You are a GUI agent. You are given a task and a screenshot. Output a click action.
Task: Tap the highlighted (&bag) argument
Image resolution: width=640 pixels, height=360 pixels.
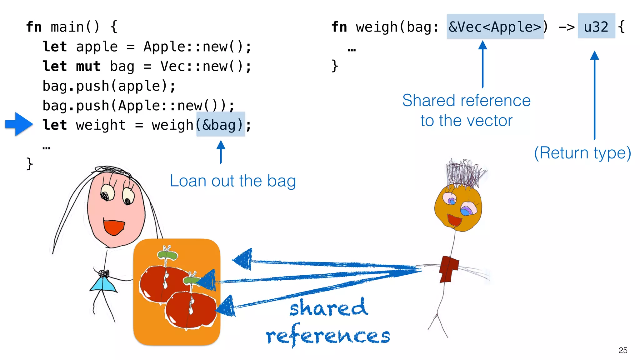click(x=221, y=125)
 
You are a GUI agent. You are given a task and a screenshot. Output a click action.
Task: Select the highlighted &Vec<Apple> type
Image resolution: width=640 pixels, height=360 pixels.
click(x=495, y=27)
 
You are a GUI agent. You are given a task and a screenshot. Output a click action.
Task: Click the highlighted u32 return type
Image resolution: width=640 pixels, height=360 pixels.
click(x=596, y=27)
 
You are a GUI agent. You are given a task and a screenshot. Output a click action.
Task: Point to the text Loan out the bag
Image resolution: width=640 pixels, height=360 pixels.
click(x=233, y=181)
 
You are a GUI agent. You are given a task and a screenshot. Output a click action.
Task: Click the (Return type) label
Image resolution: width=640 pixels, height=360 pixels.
click(x=582, y=153)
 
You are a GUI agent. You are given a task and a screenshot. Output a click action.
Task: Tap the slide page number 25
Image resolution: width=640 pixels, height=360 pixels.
click(x=622, y=350)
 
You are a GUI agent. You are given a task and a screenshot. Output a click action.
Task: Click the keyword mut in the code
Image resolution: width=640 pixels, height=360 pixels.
click(x=88, y=66)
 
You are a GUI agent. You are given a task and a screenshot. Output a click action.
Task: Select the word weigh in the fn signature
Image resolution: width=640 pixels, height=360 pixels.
click(x=377, y=27)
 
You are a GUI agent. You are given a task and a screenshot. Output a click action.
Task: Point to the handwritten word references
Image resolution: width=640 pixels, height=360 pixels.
click(x=328, y=336)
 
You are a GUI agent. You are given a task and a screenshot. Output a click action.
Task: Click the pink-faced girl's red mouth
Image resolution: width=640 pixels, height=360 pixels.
click(x=114, y=227)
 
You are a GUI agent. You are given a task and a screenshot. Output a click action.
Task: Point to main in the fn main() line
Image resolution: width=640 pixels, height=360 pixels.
click(x=67, y=27)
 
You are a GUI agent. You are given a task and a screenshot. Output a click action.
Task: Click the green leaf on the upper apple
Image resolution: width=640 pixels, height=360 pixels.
click(x=168, y=254)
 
